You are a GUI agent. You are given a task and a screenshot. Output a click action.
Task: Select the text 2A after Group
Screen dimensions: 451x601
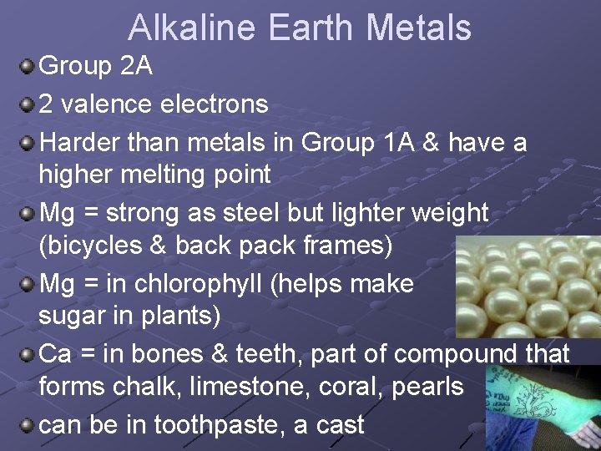pos(136,66)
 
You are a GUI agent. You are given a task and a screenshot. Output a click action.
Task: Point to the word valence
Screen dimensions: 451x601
pos(115,104)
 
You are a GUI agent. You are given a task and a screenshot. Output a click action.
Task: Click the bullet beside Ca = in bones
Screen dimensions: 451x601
pos(28,354)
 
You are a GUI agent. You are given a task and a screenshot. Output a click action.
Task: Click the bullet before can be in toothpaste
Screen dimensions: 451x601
pos(28,424)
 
